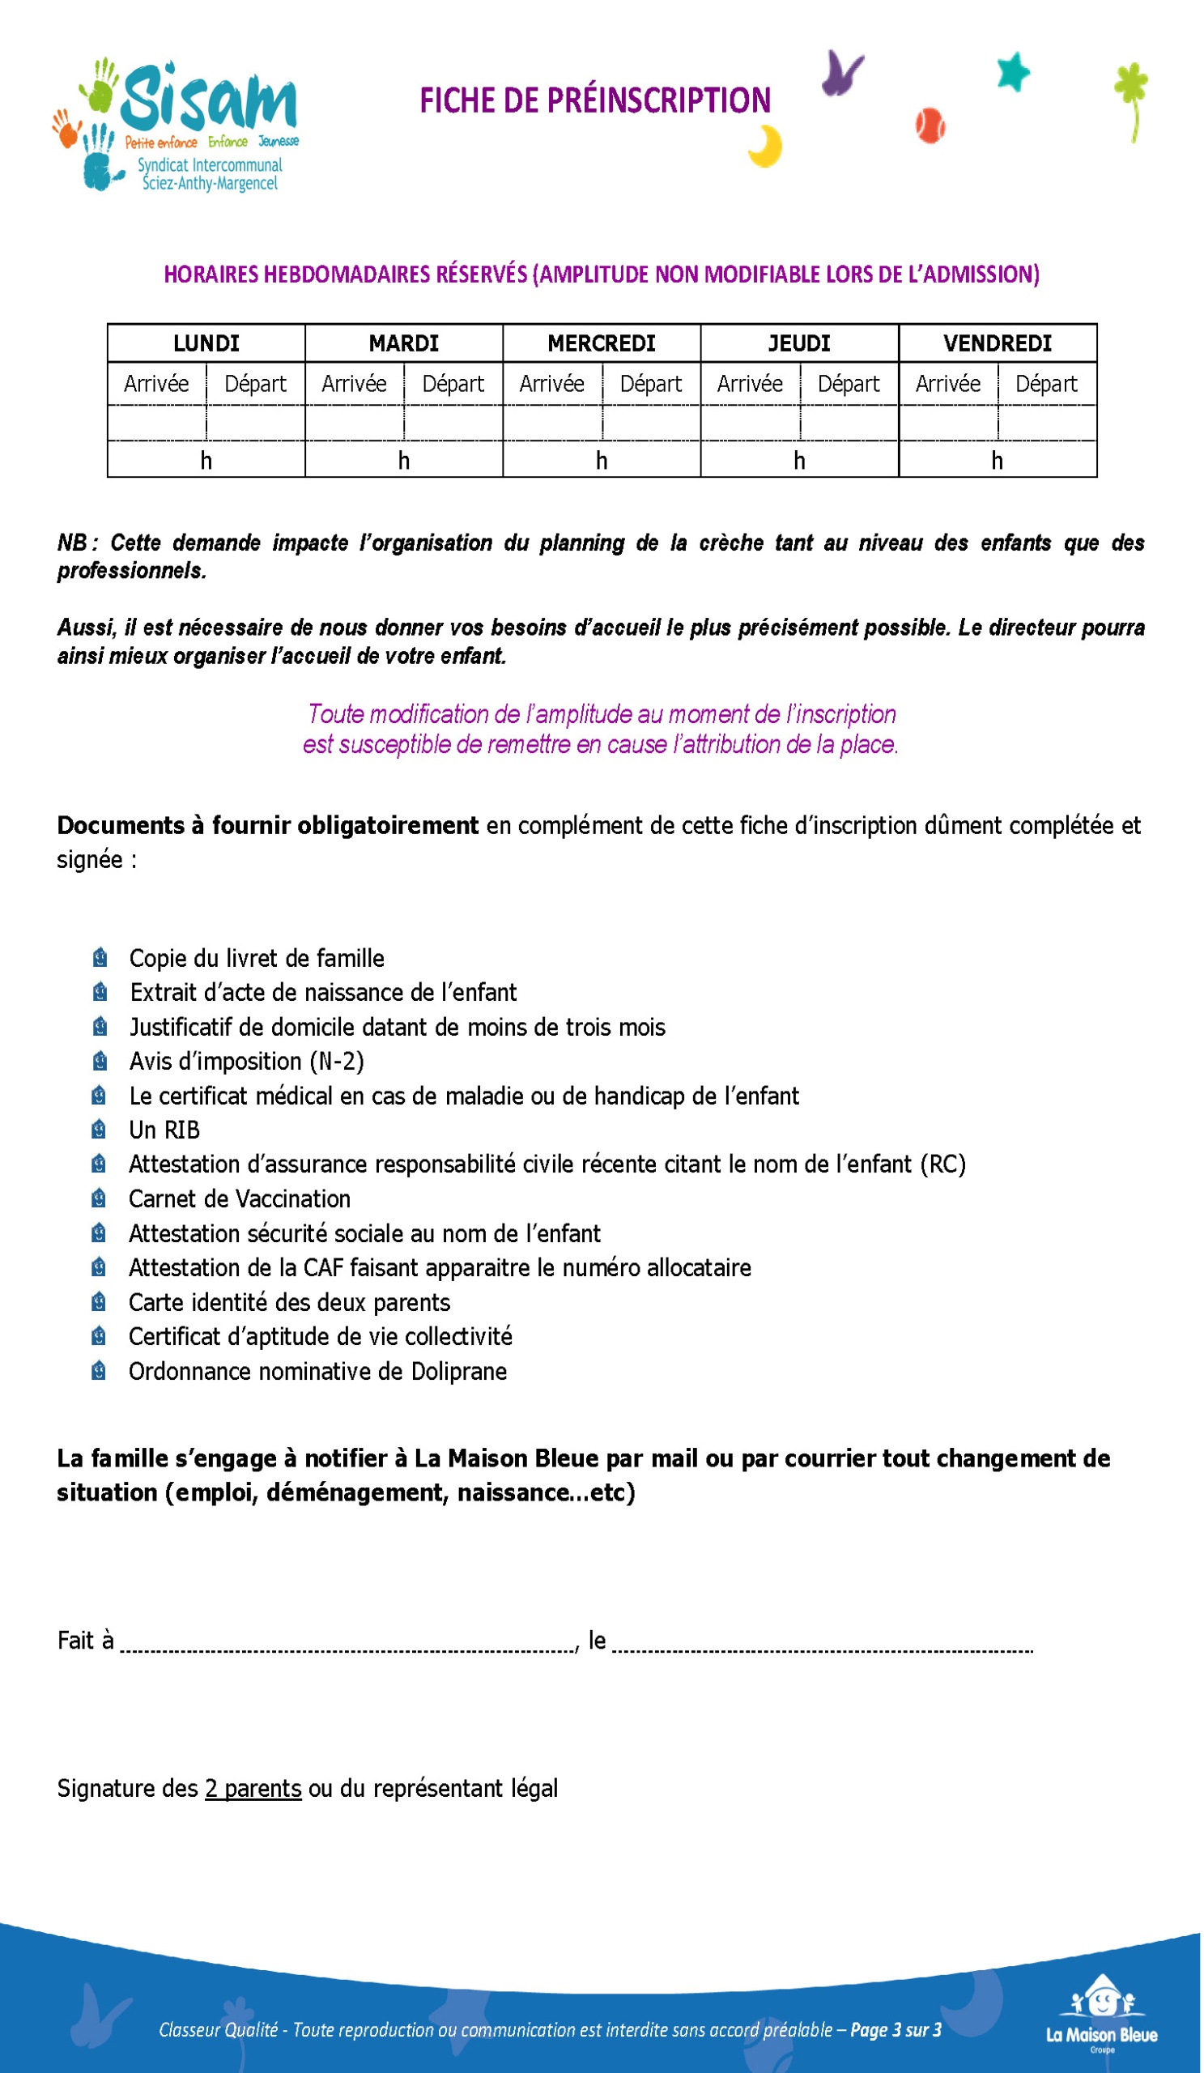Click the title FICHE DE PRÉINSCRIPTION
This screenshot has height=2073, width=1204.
coord(594,100)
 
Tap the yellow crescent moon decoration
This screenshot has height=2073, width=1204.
coord(767,147)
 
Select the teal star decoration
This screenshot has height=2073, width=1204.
coord(1013,71)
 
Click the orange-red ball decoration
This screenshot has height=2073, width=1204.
coord(930,126)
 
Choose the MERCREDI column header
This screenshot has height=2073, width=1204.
coord(601,343)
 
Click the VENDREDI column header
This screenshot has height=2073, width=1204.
coord(997,343)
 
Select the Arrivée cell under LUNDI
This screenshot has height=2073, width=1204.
coord(156,384)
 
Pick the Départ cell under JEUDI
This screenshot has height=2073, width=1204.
coord(848,384)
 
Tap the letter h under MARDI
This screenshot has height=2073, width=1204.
coord(404,461)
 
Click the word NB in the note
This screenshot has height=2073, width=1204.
coord(72,543)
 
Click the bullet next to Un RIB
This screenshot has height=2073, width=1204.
coord(99,1130)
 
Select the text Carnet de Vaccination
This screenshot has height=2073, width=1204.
coord(240,1198)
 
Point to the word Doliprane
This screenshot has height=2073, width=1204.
coord(459,1371)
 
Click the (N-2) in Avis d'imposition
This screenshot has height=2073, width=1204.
coord(337,1061)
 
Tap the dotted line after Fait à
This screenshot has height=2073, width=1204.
coord(349,1645)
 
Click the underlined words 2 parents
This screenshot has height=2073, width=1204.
coord(253,1789)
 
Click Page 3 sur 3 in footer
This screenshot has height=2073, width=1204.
coord(895,2029)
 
